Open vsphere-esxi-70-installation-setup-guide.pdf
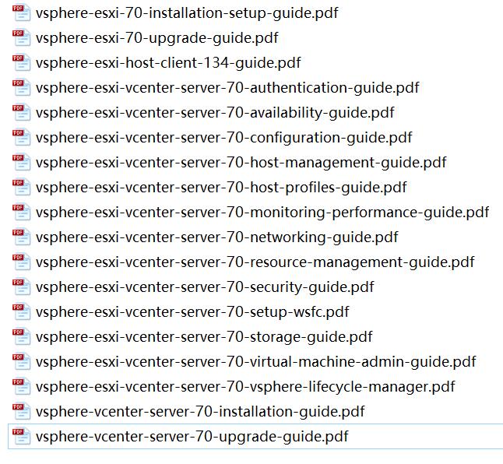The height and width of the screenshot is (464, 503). click(x=187, y=13)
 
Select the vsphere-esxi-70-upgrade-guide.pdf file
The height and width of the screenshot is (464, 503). click(x=157, y=38)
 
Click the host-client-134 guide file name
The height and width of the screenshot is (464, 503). click(x=168, y=63)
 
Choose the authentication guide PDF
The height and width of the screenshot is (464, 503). click(x=227, y=88)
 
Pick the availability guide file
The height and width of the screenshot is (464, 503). click(x=215, y=113)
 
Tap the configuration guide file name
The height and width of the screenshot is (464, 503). click(x=224, y=138)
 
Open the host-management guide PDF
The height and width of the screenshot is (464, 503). click(x=241, y=163)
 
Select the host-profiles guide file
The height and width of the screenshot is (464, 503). click(x=221, y=188)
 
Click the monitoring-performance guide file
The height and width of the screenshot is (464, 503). click(x=262, y=213)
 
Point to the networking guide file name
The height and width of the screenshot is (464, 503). click(x=217, y=237)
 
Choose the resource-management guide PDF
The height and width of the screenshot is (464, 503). click(x=255, y=262)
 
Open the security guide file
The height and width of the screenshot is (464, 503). click(x=205, y=287)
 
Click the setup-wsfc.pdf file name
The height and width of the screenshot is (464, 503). click(x=192, y=312)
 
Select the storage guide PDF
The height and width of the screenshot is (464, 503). click(x=204, y=337)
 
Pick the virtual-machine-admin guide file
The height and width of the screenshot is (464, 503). click(x=255, y=362)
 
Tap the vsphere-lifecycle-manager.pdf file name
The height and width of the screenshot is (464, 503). click(x=245, y=387)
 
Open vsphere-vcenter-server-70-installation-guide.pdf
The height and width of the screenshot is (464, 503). click(x=200, y=412)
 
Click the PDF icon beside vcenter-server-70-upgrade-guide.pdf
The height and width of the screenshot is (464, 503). click(x=21, y=437)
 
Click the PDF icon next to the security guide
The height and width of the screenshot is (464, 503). click(x=21, y=287)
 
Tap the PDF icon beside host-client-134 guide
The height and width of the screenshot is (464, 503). click(x=21, y=63)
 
